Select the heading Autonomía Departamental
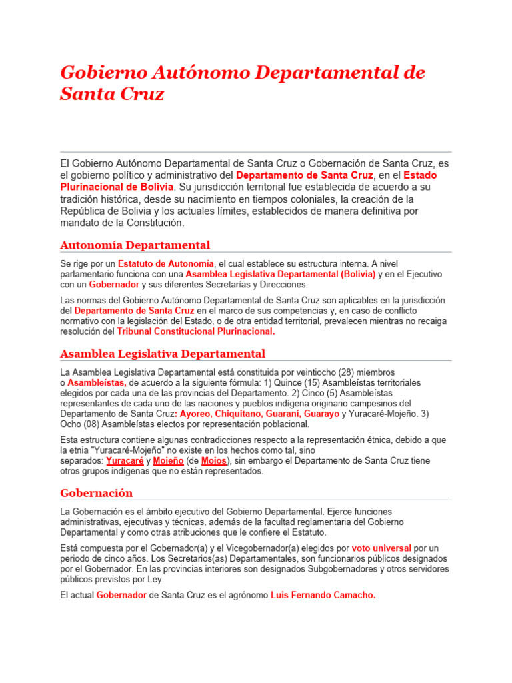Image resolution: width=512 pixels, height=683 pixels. click(x=135, y=245)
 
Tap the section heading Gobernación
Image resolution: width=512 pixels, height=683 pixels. click(x=96, y=493)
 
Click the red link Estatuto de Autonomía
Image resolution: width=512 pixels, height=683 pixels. click(x=166, y=264)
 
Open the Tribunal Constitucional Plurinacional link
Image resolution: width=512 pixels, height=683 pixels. click(x=195, y=331)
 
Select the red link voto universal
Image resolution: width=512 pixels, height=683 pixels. click(x=381, y=548)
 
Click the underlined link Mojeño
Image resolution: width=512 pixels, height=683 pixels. click(x=169, y=461)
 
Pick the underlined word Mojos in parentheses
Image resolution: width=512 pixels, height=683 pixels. click(x=213, y=461)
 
